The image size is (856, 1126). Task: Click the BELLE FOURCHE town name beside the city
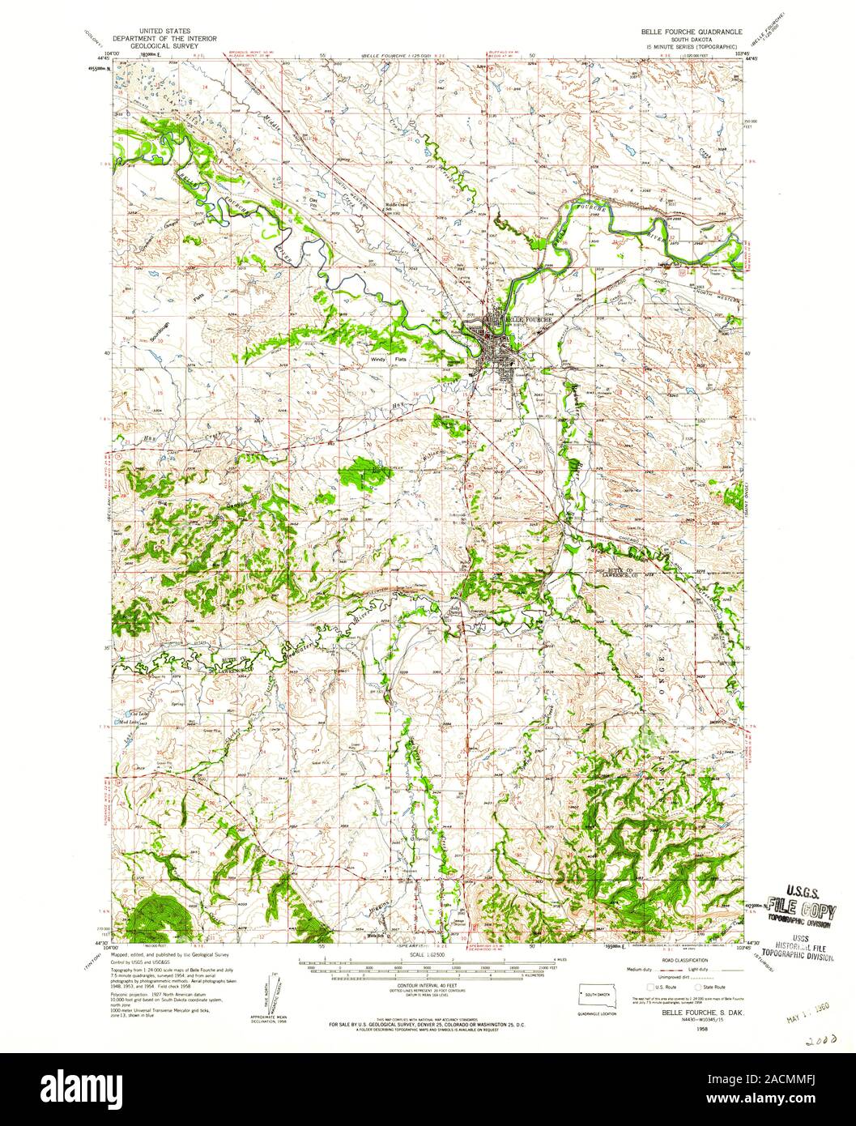click(x=529, y=320)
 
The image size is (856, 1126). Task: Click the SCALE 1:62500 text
click(x=428, y=956)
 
